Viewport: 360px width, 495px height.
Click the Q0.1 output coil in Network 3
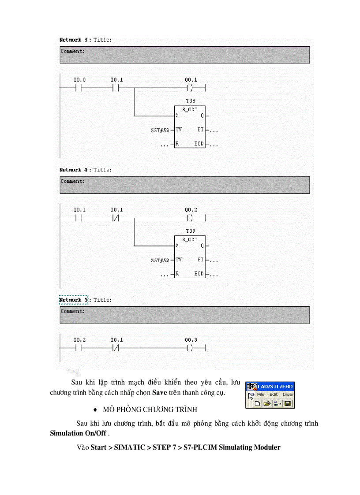190,88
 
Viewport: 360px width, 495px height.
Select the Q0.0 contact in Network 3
79,88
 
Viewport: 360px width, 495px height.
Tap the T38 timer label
191,101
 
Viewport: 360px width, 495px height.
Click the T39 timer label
191,231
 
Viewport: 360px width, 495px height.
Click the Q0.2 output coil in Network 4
190,218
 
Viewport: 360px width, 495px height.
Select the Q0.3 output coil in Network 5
190,348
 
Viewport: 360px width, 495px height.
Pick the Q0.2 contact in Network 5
79,348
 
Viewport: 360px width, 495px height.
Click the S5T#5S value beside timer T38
160,130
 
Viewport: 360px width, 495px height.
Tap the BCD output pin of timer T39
199,274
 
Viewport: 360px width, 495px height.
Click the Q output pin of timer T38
202,116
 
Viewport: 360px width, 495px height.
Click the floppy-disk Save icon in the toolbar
288,403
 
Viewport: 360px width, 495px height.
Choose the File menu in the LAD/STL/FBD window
261,395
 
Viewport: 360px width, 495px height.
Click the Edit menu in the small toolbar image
274,395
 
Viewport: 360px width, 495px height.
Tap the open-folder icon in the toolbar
267,403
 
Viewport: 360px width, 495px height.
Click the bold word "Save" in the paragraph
159,392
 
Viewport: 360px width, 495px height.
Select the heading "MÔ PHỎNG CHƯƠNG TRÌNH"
153,409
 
